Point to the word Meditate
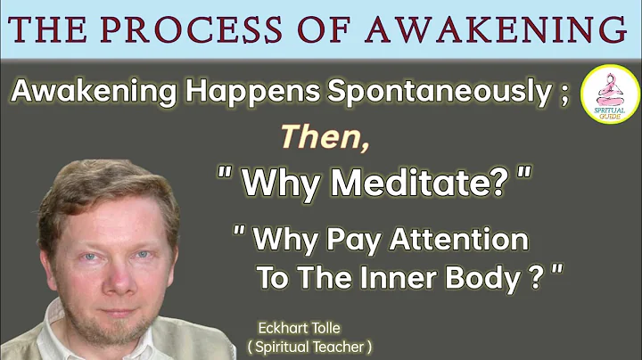point(400,183)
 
